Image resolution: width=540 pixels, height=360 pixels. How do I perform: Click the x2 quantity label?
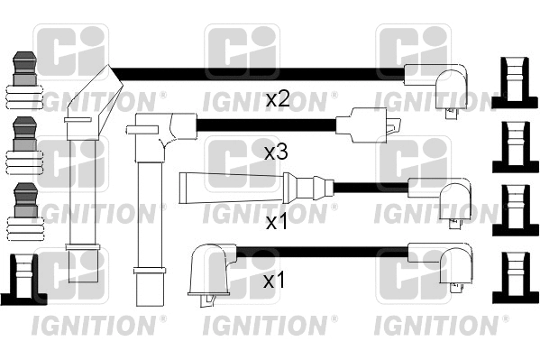point(277,100)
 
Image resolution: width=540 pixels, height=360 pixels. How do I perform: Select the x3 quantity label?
point(275,152)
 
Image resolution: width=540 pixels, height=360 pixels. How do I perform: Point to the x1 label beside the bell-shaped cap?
point(275,282)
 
